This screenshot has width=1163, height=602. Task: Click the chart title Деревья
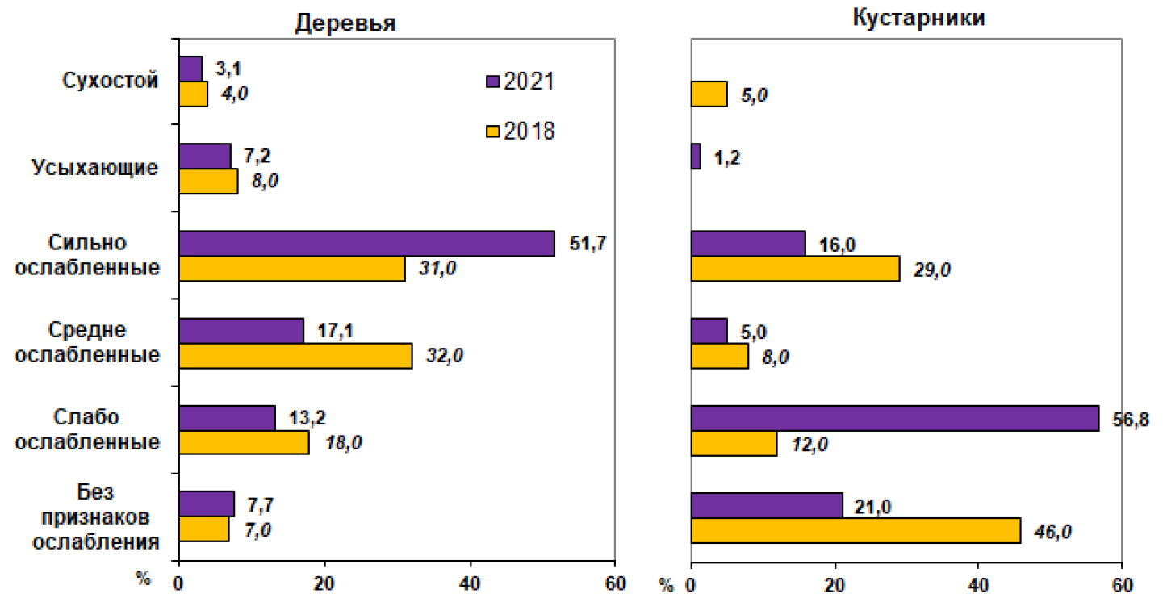click(345, 23)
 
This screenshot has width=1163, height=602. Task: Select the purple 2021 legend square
click(492, 82)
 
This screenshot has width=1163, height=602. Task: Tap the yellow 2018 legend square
click(492, 131)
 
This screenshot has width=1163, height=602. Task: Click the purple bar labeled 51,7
click(366, 244)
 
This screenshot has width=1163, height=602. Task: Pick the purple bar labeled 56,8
click(895, 419)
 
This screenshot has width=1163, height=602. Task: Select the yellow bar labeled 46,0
click(856, 530)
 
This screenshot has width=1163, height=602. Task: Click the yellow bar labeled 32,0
click(295, 356)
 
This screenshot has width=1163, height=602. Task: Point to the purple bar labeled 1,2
click(697, 157)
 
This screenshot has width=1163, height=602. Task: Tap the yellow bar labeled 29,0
click(796, 269)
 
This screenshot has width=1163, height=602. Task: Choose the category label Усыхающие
click(95, 168)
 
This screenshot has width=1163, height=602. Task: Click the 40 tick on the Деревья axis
click(470, 583)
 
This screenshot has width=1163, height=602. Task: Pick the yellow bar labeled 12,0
click(734, 444)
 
